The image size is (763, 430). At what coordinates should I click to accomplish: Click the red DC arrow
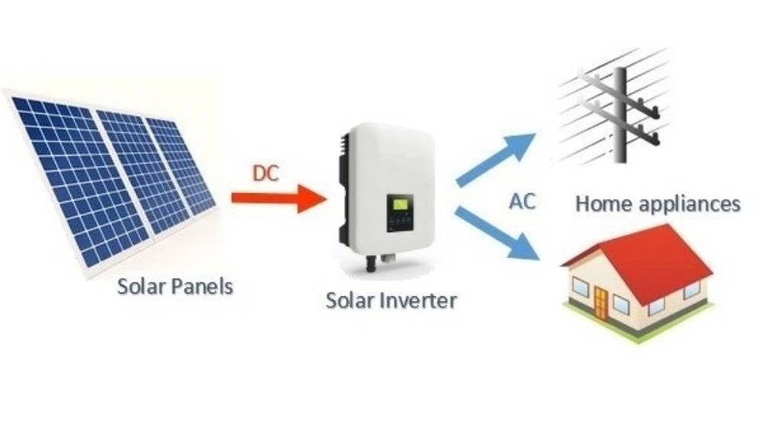point(278,198)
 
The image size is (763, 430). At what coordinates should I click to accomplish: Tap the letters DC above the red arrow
point(266,173)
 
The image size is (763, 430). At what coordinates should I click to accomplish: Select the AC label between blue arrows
point(522,201)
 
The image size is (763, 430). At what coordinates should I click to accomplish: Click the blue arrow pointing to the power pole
point(495,159)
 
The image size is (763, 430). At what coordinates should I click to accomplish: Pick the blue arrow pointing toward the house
point(497,233)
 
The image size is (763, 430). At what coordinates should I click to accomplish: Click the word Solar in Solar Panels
point(142,286)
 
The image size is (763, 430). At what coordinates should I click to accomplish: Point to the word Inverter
point(417,300)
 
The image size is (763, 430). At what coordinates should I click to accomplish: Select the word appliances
point(690,205)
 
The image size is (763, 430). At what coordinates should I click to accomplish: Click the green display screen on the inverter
point(401,203)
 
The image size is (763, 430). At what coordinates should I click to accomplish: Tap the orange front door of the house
point(601,303)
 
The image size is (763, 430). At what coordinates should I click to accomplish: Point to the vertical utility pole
point(620,115)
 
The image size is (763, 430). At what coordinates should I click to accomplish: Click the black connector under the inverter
point(371,263)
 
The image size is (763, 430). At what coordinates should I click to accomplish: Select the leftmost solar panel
point(73,181)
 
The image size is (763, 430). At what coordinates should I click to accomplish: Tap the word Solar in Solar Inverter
point(349,300)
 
